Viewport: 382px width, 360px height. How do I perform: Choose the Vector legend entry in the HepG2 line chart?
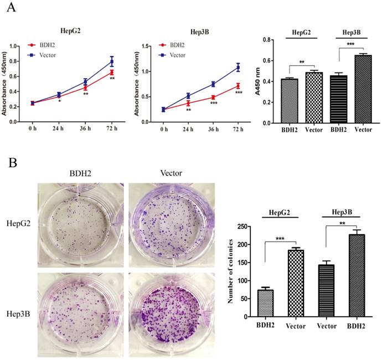(x=49, y=55)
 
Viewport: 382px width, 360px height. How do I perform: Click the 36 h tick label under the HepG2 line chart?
(x=85, y=130)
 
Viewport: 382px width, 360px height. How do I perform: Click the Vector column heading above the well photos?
(x=166, y=173)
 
